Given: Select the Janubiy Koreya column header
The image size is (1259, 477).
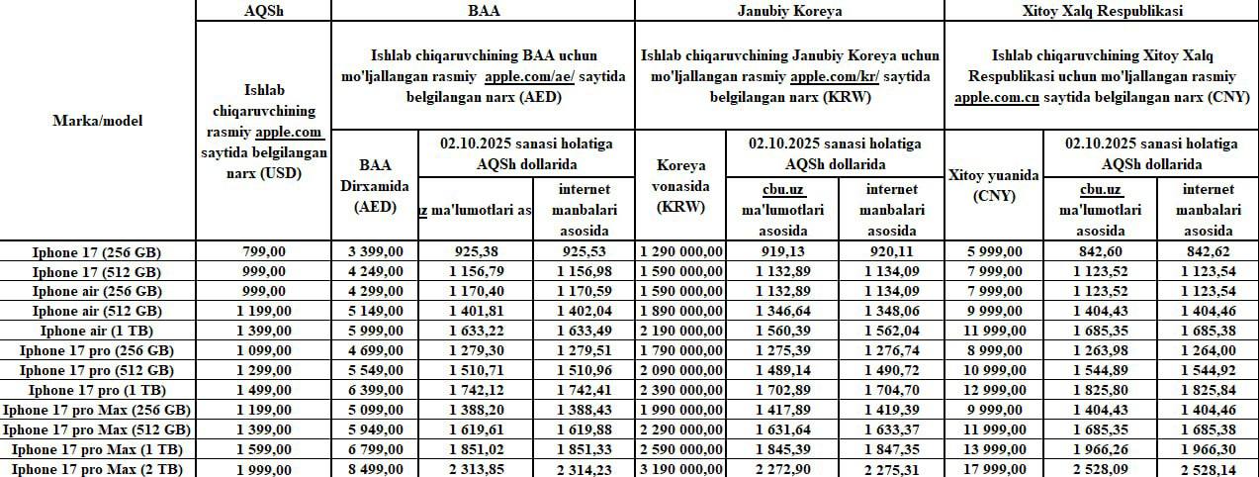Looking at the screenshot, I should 788,11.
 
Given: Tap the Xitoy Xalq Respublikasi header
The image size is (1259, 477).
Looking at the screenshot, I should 1101,11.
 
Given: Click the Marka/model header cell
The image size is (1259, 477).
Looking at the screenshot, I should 97,121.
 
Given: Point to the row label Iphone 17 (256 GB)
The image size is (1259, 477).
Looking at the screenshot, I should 97,252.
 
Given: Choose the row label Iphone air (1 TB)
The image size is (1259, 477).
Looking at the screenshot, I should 97,331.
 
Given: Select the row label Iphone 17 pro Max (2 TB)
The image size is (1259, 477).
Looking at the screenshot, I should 97,468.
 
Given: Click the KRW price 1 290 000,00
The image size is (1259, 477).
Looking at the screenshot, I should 682,252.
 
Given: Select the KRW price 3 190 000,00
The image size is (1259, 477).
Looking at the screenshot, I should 682,468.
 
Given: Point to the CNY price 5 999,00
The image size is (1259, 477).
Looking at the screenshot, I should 994,252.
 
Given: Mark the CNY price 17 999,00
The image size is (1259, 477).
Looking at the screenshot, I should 994,468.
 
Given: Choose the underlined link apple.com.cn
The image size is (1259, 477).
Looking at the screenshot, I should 996,98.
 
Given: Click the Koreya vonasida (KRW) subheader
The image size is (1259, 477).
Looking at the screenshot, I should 682,186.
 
